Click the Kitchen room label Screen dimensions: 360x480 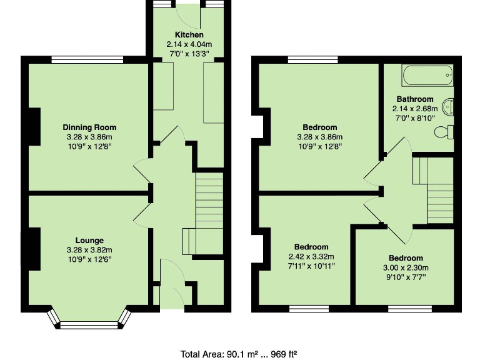pyautogui.click(x=189, y=34)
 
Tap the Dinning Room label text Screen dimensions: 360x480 pyautogui.click(x=89, y=127)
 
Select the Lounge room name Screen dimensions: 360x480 pyautogui.click(x=89, y=240)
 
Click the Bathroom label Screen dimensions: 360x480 pyautogui.click(x=415, y=99)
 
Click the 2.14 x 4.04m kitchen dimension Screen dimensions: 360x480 pyautogui.click(x=189, y=44)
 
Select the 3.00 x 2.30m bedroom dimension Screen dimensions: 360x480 pyautogui.click(x=406, y=267)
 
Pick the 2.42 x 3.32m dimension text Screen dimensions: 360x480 pyautogui.click(x=312, y=256)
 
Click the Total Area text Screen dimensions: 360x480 pyautogui.click(x=239, y=354)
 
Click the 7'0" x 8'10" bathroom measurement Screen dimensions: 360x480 pyautogui.click(x=415, y=117)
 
